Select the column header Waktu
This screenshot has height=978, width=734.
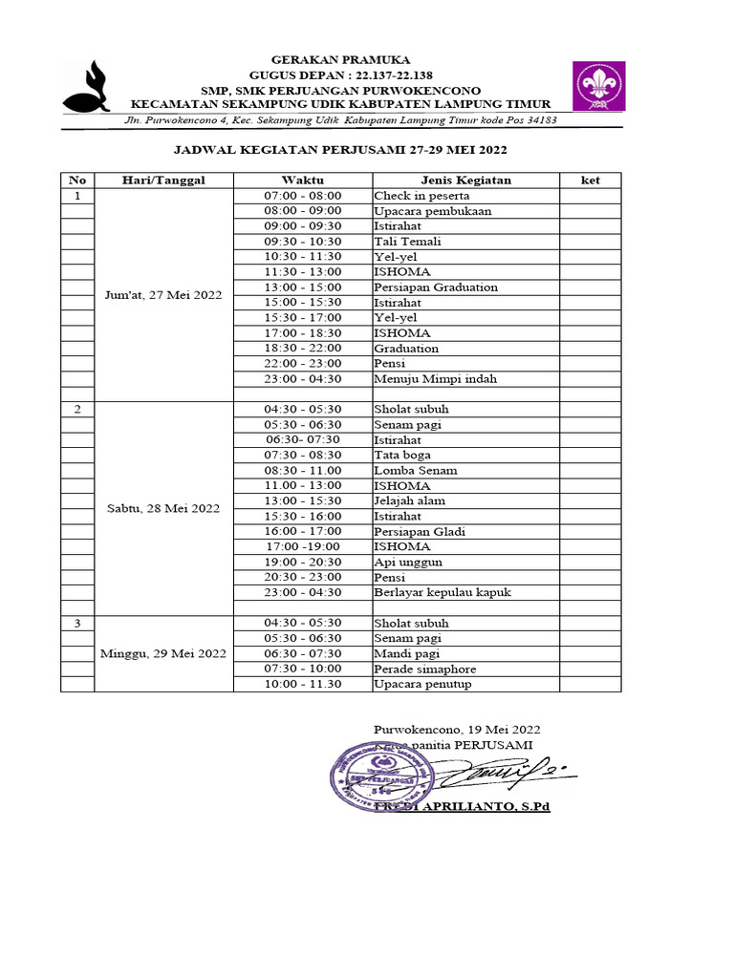302,180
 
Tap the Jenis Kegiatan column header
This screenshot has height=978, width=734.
465,180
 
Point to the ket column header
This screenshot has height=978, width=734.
591,180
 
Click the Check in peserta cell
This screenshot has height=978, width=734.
421,196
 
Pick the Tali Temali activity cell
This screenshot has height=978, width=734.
408,242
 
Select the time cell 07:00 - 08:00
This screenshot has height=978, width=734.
302,196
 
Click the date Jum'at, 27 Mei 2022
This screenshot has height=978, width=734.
163,295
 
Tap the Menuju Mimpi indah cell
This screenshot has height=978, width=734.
435,379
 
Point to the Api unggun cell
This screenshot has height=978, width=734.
408,563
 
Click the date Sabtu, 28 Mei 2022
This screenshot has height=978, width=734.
163,508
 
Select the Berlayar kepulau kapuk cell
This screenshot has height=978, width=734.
443,593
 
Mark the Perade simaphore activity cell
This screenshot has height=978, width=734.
425,670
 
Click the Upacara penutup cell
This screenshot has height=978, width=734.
422,685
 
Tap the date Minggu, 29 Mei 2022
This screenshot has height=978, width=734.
163,653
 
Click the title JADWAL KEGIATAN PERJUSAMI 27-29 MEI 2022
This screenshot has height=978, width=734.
340,150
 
